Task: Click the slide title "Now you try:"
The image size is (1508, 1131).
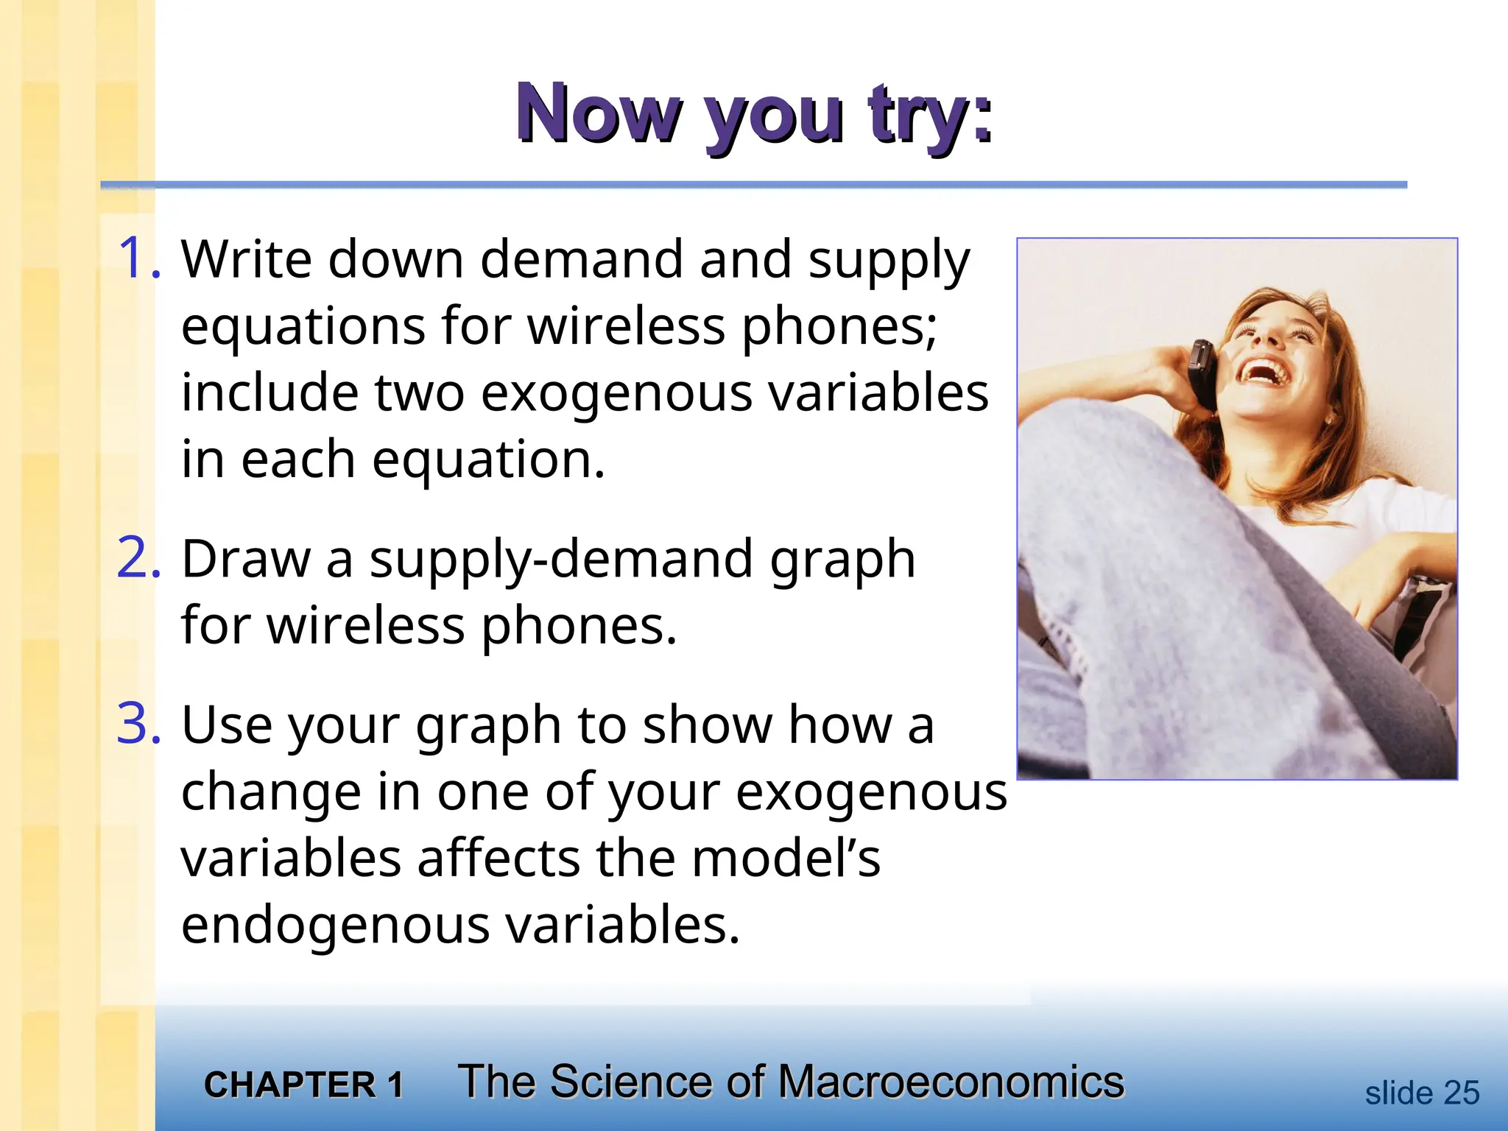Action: (754, 114)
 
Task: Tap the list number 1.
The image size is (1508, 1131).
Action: (138, 259)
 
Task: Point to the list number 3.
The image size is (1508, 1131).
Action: (138, 725)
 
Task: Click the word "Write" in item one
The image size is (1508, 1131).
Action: (246, 259)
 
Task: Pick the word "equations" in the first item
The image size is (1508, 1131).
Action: (303, 325)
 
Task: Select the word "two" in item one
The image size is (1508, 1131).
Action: (420, 392)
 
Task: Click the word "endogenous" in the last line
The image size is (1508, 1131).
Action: (335, 925)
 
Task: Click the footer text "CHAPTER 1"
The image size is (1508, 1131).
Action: (303, 1085)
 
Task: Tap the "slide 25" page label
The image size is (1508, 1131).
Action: (1421, 1093)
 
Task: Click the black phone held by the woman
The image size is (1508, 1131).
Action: (1202, 373)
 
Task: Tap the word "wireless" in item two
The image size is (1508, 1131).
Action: (365, 626)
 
